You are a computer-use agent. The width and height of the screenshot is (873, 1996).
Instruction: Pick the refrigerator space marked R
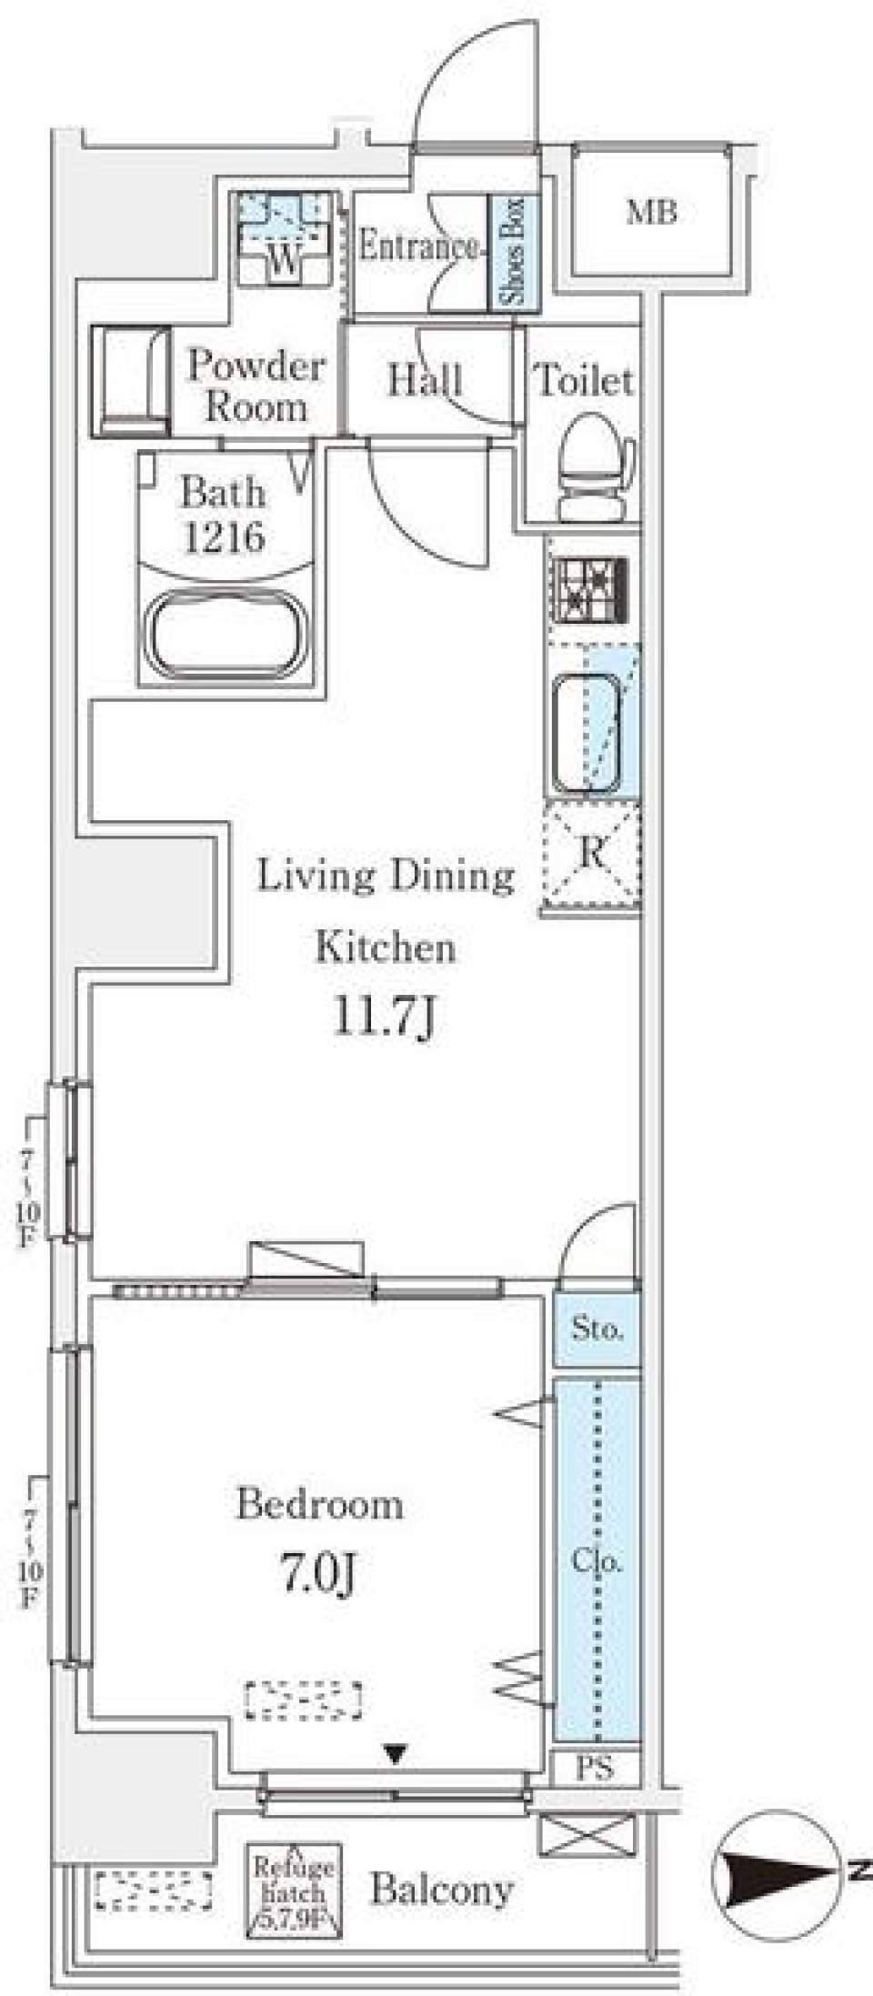point(591,855)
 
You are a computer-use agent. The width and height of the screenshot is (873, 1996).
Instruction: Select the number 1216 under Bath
point(224,537)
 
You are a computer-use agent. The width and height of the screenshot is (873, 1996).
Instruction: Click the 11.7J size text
point(386,1018)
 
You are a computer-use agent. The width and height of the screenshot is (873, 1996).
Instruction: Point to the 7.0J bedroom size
point(317,1572)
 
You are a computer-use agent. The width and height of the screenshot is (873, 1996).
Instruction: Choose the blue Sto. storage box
point(597,1329)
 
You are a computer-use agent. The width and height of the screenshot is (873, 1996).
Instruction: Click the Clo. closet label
point(597,1561)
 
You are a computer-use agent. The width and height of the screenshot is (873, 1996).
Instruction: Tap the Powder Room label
point(256,386)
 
